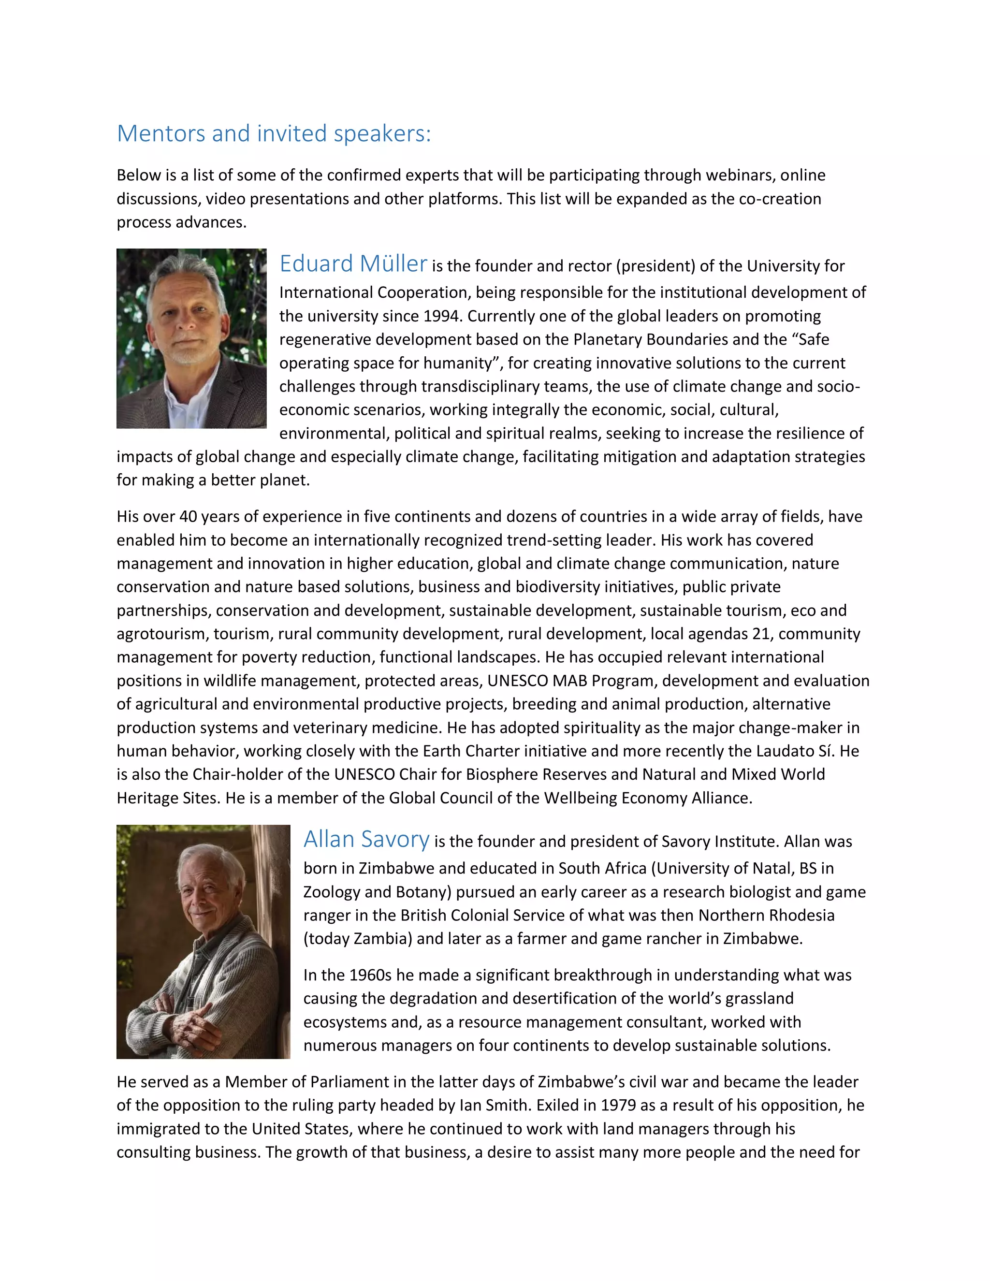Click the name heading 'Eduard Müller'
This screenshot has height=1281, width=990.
pos(353,264)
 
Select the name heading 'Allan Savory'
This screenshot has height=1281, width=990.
pos(366,839)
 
